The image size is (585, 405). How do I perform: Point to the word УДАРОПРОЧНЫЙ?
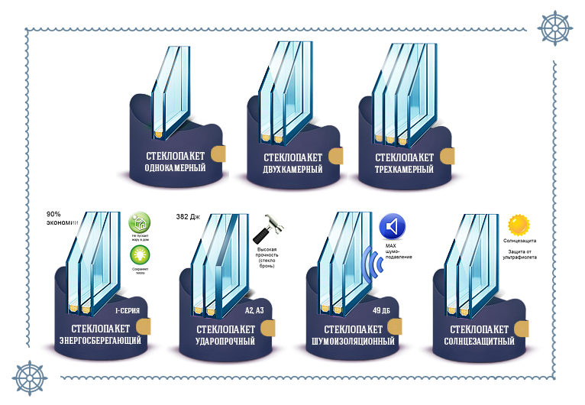point(220,340)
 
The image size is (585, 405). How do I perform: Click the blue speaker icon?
point(393,226)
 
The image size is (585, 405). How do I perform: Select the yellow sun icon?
point(519,225)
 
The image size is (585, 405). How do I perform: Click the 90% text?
point(54,214)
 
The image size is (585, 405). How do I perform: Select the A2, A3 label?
point(255,311)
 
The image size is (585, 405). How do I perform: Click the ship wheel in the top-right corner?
point(555,28)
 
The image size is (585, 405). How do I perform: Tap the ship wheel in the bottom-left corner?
point(29,377)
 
